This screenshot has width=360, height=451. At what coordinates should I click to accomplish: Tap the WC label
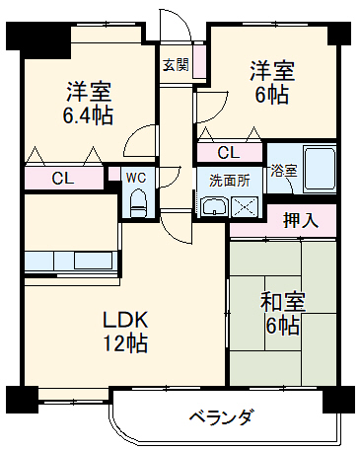click(x=137, y=178)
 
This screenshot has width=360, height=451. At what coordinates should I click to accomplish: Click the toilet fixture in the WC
click(x=138, y=204)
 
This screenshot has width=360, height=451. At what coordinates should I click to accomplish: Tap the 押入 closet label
click(x=301, y=219)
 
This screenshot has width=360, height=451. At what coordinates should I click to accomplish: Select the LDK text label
click(x=126, y=320)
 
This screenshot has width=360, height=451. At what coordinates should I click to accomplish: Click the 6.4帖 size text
click(x=88, y=115)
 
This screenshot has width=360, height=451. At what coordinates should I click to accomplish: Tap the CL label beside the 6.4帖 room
click(x=63, y=179)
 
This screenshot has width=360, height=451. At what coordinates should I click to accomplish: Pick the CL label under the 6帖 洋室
click(x=227, y=153)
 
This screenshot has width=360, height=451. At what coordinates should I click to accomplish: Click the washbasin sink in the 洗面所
click(x=214, y=205)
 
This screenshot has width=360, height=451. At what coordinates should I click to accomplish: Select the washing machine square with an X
click(x=244, y=205)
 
